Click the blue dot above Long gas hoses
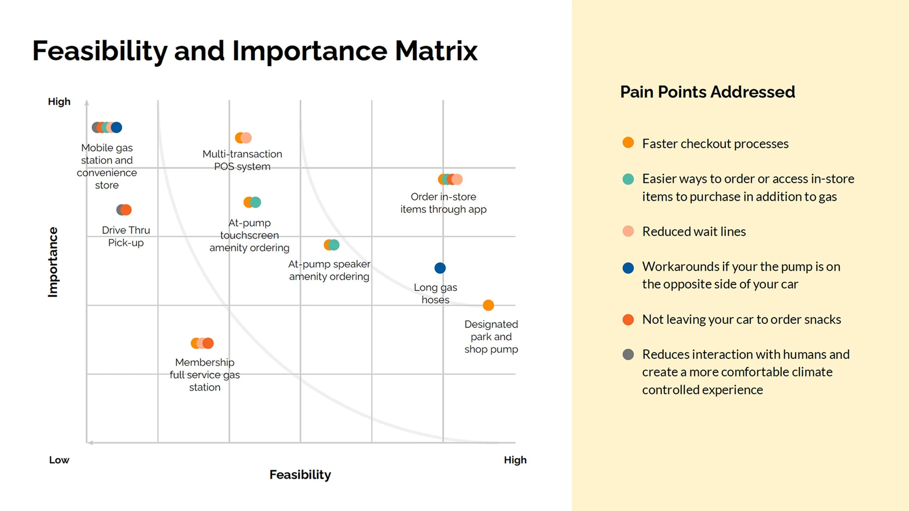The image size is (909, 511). tap(440, 268)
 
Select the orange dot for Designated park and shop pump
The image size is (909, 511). tap(488, 305)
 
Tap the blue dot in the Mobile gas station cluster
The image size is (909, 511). tap(117, 127)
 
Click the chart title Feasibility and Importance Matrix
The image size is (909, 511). tap(255, 51)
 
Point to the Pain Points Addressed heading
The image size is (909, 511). tap(708, 92)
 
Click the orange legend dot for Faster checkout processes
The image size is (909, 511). tap(628, 142)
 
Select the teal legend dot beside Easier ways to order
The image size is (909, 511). tap(628, 179)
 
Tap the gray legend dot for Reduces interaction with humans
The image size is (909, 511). tap(628, 354)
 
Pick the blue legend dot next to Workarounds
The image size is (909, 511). tap(628, 268)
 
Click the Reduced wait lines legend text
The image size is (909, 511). tap(694, 232)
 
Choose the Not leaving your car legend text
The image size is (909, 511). tap(741, 319)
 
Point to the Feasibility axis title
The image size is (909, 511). tap(300, 475)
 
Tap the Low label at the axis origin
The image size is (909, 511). tap(59, 460)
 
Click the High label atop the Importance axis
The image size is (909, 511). tap(59, 101)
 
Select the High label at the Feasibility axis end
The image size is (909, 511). tap(515, 460)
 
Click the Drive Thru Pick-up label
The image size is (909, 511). tap(126, 236)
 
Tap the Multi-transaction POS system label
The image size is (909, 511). tap(242, 160)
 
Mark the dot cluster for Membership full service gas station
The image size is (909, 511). tap(202, 343)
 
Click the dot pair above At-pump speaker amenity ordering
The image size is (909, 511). tap(331, 245)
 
